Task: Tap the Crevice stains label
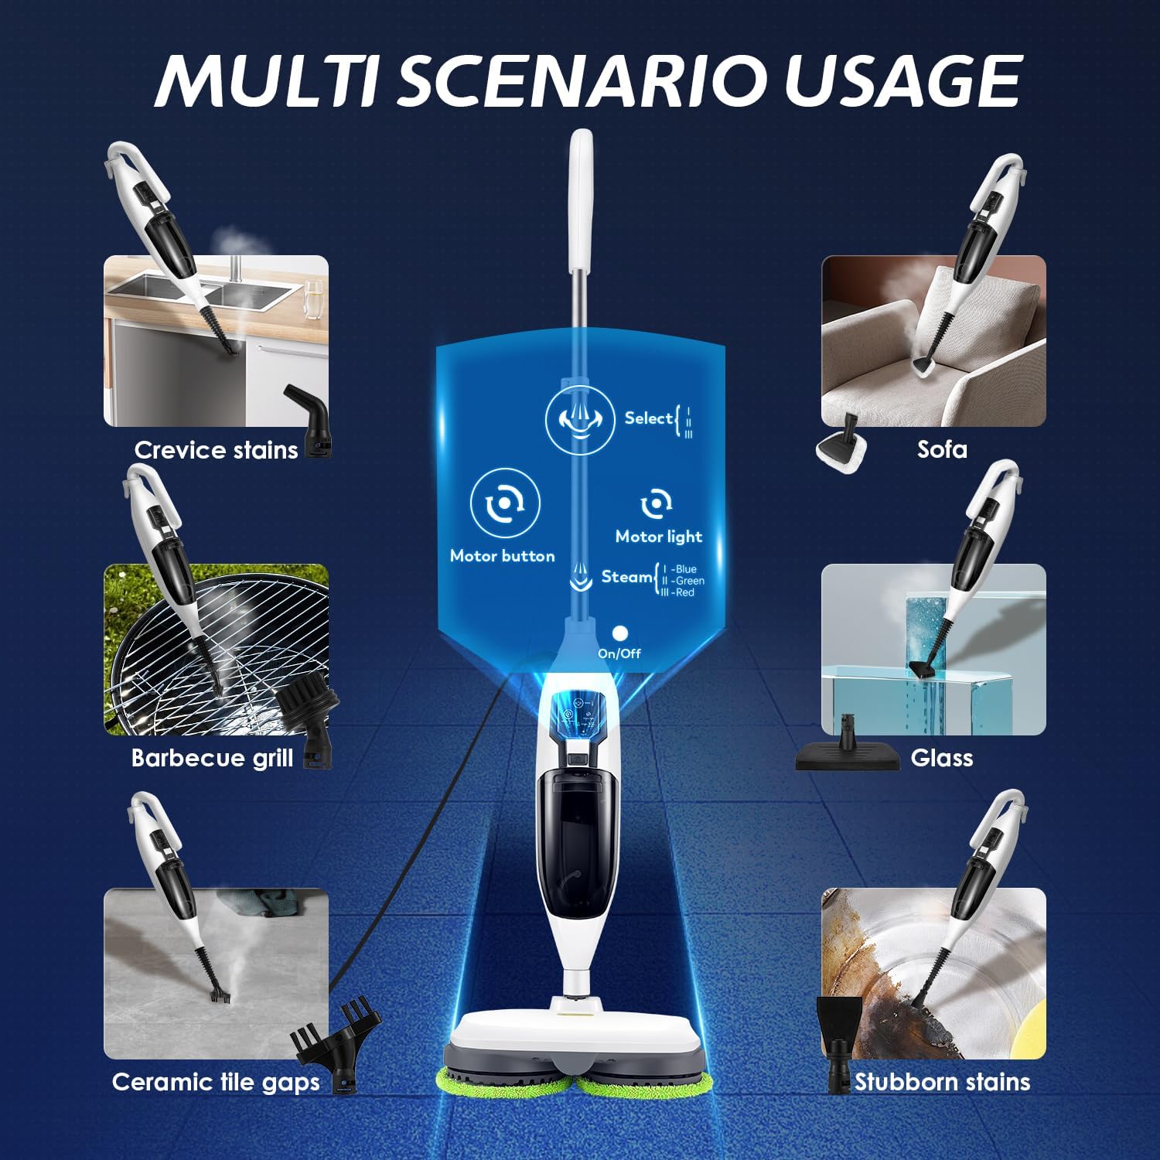coord(216,450)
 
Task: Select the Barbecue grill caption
coord(212,758)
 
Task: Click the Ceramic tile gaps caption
coord(216,1082)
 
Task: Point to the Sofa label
coord(942,449)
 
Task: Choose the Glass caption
coord(941,758)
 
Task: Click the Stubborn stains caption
coord(942,1082)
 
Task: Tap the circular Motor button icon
coord(504,503)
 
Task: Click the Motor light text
coord(658,537)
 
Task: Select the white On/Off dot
coord(619,633)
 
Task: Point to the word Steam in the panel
coord(626,577)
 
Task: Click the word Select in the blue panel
coord(648,418)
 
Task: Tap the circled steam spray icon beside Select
coord(579,419)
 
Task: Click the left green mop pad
coord(506,1079)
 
